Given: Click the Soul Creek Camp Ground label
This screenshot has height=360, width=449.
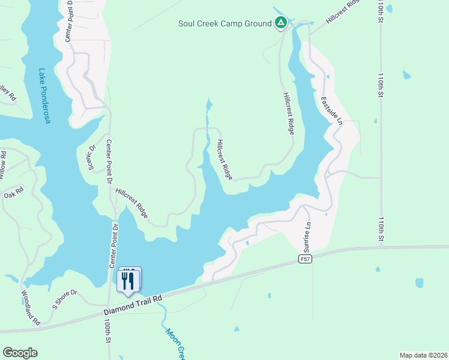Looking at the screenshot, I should coord(225,24).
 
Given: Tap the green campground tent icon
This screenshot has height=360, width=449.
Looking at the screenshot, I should coord(280,23).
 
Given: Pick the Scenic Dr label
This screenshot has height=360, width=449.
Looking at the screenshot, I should coord(92,157).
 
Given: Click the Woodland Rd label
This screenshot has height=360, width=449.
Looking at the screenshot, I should coord(30,308).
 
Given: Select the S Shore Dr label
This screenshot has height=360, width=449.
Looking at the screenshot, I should coord(65,298).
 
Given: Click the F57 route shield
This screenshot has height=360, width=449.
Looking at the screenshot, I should coord(306,259).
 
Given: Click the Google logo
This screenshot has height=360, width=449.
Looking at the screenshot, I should coord(20,353).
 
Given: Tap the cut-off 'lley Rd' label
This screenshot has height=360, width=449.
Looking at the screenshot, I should coord(7,93).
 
